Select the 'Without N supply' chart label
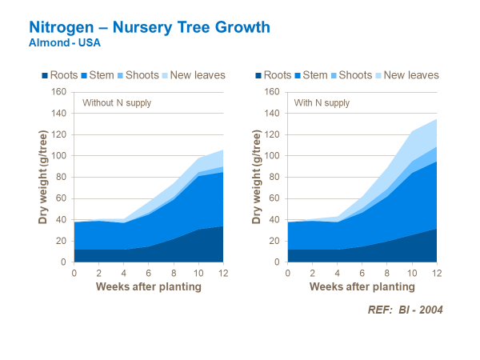click(117, 103)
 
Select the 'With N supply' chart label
click(323, 103)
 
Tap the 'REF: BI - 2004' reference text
click(398, 310)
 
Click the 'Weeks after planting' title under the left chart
click(148, 286)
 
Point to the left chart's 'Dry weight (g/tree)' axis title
click(42, 177)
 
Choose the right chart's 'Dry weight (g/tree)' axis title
click(257, 177)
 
